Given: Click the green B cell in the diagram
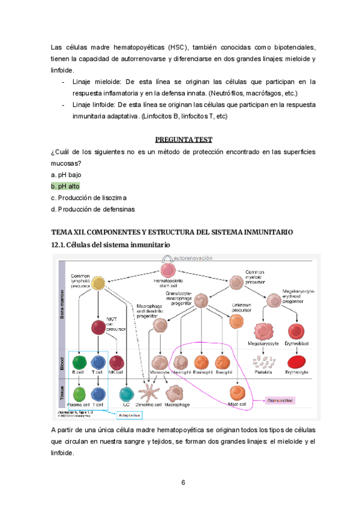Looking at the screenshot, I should coord(79,362).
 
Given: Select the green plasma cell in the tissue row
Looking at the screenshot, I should coord(79,394).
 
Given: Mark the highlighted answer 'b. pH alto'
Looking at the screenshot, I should coord(65,186).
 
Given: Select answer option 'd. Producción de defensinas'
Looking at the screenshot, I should coord(93,209).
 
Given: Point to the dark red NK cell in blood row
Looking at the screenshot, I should coord(117,362).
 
